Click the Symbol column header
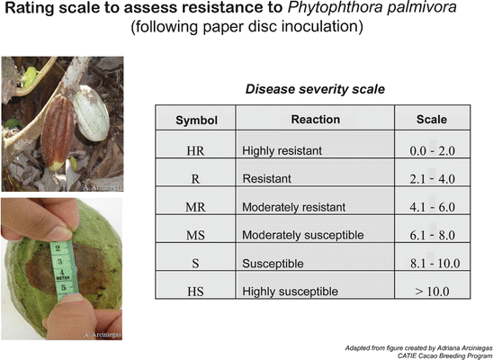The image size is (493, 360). pos(196,120)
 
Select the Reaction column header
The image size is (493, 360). pos(316,120)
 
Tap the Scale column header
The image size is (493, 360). pos(432,120)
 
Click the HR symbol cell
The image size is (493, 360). pos(195,151)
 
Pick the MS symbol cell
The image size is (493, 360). pos(195,235)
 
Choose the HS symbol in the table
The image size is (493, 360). pos(195,292)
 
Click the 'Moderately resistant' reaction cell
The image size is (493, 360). pos(293,207)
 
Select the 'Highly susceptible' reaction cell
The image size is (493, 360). pos(290,292)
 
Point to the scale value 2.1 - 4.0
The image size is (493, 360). pos(433,179)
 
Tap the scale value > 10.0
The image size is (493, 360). pos(432,292)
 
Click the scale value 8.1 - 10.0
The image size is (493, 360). pos(435,263)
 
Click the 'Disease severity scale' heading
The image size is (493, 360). pos(315,89)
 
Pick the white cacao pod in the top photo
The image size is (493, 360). pos(91,113)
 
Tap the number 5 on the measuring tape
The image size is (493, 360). pos(64,288)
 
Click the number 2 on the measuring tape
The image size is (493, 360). pos(58,248)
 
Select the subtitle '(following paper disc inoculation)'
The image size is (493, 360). pos(246,26)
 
